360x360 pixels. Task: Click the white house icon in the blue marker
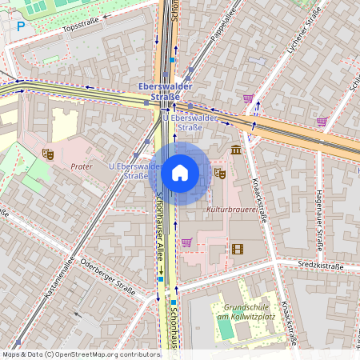pos(180,173)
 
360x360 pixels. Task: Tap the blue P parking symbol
pos(21,26)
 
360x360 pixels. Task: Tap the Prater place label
pos(82,167)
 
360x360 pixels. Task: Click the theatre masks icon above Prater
pos(47,153)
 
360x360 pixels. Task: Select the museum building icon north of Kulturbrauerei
pos(235,150)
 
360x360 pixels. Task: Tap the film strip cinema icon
pos(237,249)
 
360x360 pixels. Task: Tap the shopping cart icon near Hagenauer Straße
pos(322,122)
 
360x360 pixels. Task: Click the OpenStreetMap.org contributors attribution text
pos(104,354)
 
